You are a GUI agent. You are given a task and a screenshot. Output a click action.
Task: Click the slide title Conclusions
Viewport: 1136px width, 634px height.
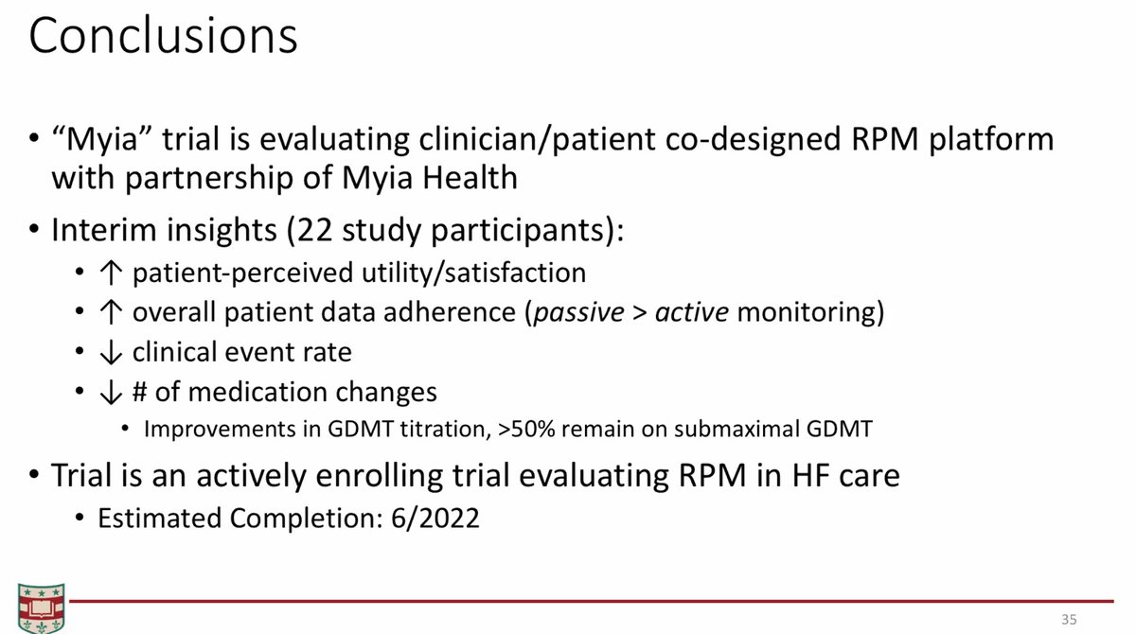(163, 35)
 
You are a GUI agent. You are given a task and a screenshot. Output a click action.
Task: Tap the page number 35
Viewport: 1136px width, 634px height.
(1069, 619)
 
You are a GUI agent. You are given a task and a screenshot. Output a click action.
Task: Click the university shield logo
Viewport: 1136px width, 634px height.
(41, 608)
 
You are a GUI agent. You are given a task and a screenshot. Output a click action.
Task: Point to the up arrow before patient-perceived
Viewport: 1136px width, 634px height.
(111, 273)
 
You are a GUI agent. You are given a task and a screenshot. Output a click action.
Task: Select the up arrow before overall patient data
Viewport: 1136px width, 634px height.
(111, 311)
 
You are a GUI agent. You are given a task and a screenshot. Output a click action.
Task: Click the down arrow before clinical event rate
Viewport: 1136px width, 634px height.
(111, 352)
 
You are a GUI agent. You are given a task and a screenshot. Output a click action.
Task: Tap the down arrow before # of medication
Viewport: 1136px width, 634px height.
(111, 393)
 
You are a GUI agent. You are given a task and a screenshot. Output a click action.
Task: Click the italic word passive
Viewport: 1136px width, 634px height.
(578, 313)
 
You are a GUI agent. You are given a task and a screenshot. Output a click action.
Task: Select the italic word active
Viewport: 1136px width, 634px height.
(692, 312)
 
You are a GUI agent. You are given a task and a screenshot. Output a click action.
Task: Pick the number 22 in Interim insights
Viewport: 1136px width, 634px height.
(314, 230)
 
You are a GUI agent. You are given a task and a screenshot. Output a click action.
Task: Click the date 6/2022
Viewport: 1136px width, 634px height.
(435, 519)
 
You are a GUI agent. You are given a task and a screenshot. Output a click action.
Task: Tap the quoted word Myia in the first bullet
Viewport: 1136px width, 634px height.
(102, 140)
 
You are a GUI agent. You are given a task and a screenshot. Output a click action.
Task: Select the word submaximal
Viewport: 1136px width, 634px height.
(737, 430)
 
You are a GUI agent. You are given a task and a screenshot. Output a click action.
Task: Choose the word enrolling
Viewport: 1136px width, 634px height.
(379, 476)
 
